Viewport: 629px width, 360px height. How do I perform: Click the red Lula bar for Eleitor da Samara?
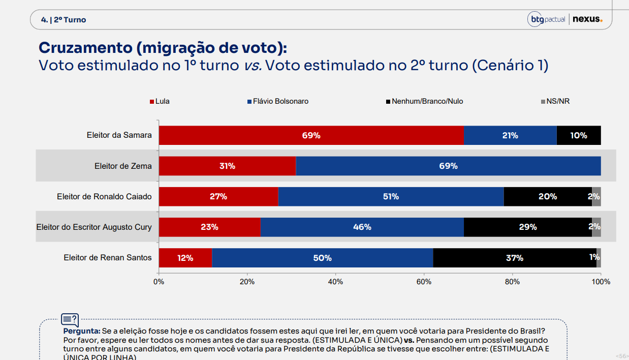pyautogui.click(x=311, y=135)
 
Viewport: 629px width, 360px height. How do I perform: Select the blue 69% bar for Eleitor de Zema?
pyautogui.click(x=449, y=166)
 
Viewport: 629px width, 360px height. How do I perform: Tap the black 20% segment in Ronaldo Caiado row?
pyautogui.click(x=548, y=196)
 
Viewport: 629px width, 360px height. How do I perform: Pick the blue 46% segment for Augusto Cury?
pyautogui.click(x=362, y=227)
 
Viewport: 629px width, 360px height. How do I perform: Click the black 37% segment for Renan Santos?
pyautogui.click(x=515, y=258)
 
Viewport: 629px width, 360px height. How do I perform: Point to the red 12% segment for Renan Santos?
pyautogui.click(x=185, y=258)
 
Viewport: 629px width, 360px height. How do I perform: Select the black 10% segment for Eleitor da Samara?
pyautogui.click(x=579, y=135)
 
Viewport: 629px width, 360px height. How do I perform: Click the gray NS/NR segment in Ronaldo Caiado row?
pyautogui.click(x=596, y=196)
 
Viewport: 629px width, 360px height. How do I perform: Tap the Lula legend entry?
pyautogui.click(x=160, y=101)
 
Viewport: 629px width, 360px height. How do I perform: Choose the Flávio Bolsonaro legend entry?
pyautogui.click(x=278, y=101)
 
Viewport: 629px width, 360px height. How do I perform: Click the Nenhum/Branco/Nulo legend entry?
pyautogui.click(x=425, y=101)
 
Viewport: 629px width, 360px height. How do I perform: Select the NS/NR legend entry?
pyautogui.click(x=555, y=101)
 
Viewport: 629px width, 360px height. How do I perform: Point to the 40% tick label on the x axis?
pyautogui.click(x=335, y=282)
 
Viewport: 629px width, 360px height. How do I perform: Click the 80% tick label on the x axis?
pyautogui.click(x=512, y=282)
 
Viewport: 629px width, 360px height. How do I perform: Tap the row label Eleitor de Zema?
pyautogui.click(x=123, y=166)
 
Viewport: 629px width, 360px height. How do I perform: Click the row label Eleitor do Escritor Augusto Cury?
pyautogui.click(x=94, y=227)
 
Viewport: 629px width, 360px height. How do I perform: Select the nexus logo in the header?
pyautogui.click(x=587, y=19)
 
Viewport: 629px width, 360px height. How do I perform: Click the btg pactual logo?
pyautogui.click(x=546, y=19)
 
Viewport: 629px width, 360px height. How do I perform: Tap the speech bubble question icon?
pyautogui.click(x=70, y=320)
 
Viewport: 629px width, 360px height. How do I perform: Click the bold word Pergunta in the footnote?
pyautogui.click(x=82, y=331)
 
